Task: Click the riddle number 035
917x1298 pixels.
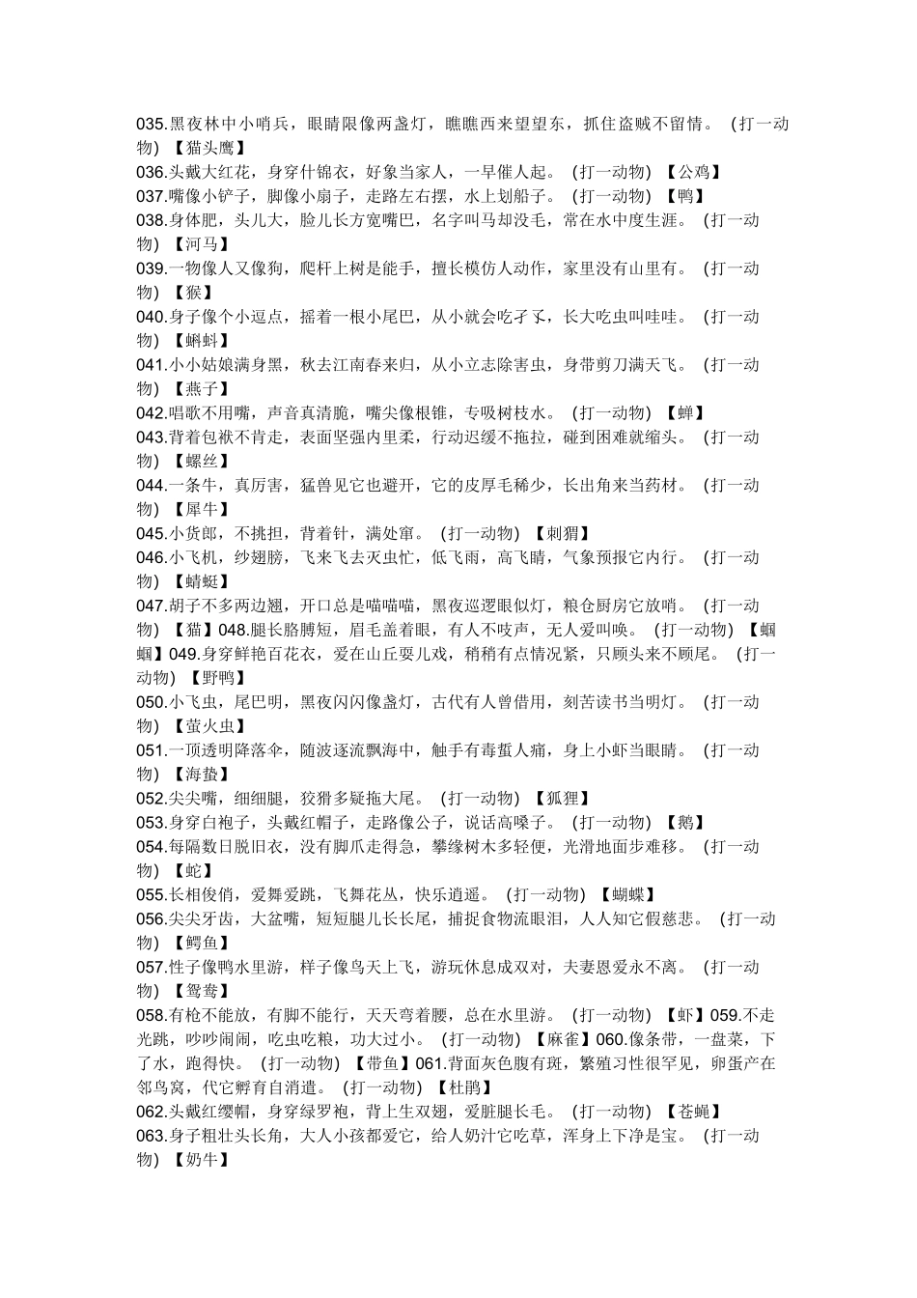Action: pyautogui.click(x=152, y=124)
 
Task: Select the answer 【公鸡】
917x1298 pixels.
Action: pyautogui.click(x=693, y=172)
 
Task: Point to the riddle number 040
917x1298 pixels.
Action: pyautogui.click(x=152, y=317)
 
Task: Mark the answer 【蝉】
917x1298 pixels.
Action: pyautogui.click(x=685, y=413)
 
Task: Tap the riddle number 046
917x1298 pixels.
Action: pyautogui.click(x=152, y=557)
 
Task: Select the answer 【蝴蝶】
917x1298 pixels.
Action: pyautogui.click(x=627, y=894)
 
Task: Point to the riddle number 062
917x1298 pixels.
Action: pyautogui.click(x=152, y=1112)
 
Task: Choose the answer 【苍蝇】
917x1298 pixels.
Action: pyautogui.click(x=693, y=1112)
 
